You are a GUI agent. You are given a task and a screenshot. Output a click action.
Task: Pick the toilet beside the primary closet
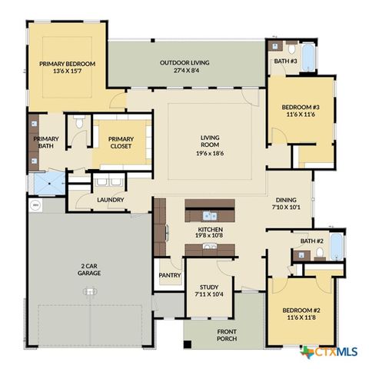point(80,125)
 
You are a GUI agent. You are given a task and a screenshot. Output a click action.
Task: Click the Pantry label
point(169,274)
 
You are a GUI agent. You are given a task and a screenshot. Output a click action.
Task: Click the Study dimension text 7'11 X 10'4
point(209,294)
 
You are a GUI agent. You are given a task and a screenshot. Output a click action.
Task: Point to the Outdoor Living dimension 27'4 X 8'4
point(184,70)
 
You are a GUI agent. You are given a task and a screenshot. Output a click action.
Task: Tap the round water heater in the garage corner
point(35,206)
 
